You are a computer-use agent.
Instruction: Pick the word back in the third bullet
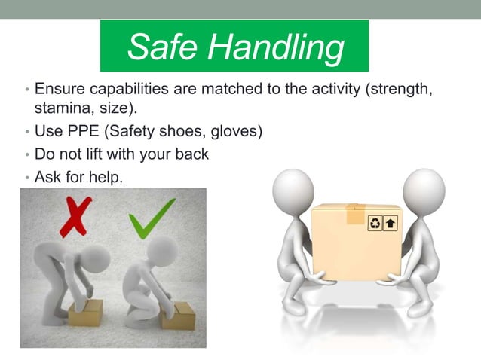(191, 154)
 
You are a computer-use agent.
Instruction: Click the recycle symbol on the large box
(375, 223)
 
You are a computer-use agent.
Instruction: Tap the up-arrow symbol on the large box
(391, 223)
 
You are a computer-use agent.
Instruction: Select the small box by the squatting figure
(177, 317)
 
